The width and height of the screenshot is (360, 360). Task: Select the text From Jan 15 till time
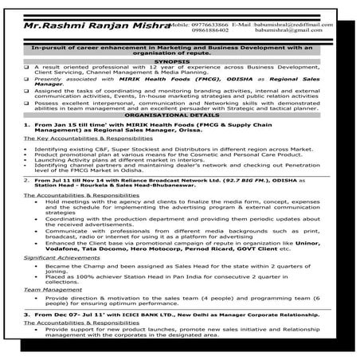pos(68,124)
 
